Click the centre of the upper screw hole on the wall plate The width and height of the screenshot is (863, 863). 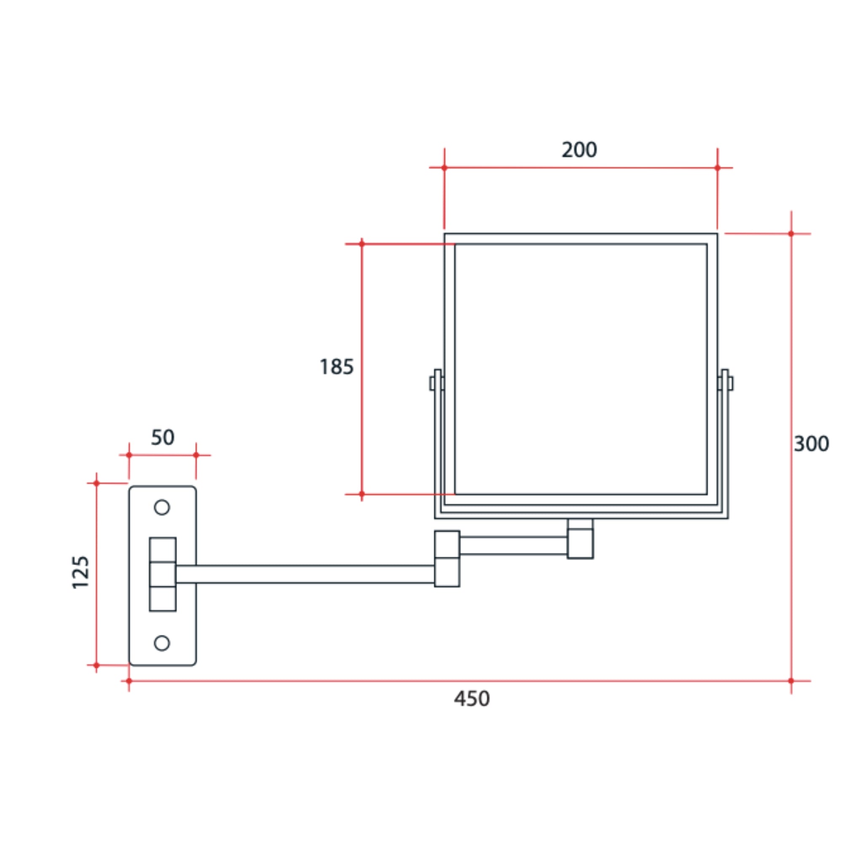pyautogui.click(x=162, y=507)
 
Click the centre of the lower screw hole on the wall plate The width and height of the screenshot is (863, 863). pyautogui.click(x=162, y=643)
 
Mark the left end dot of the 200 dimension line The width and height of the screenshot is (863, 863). pyautogui.click(x=444, y=168)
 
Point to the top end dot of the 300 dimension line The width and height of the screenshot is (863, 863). pyautogui.click(x=791, y=233)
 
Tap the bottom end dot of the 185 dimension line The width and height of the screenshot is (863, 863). pyautogui.click(x=362, y=494)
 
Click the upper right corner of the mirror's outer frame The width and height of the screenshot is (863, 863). pyautogui.click(x=717, y=233)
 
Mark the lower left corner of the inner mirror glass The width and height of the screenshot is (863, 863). pyautogui.click(x=455, y=494)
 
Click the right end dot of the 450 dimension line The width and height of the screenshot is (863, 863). pyautogui.click(x=791, y=681)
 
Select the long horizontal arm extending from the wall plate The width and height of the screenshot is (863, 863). pyautogui.click(x=305, y=574)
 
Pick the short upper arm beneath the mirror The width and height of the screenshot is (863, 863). pyautogui.click(x=514, y=545)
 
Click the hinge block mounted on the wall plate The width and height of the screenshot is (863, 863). pyautogui.click(x=163, y=574)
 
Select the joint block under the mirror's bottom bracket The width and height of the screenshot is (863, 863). pyautogui.click(x=580, y=539)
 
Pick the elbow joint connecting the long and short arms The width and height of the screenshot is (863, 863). pyautogui.click(x=447, y=558)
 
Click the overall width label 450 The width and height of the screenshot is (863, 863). pyautogui.click(x=472, y=699)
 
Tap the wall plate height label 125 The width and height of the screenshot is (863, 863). pyautogui.click(x=81, y=573)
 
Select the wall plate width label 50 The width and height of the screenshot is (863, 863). pyautogui.click(x=163, y=437)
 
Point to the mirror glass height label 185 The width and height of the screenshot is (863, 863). pyautogui.click(x=336, y=367)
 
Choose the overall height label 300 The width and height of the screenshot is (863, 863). pyautogui.click(x=811, y=444)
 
